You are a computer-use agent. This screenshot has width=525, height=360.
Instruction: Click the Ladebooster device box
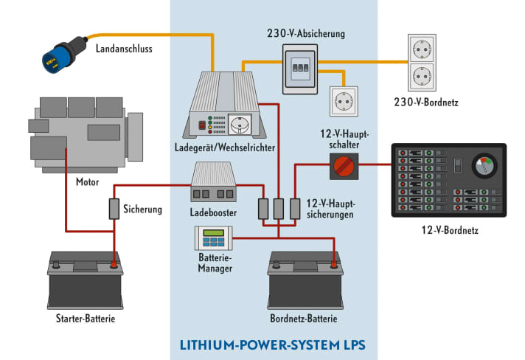[213, 183]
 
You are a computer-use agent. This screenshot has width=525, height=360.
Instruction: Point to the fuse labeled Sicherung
[114, 209]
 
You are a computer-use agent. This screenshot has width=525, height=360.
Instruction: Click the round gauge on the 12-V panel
[484, 166]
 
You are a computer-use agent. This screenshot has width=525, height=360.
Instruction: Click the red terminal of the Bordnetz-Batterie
[333, 262]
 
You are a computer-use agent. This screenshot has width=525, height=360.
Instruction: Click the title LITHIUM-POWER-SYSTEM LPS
[274, 345]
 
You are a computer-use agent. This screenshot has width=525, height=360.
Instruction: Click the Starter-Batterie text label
[86, 319]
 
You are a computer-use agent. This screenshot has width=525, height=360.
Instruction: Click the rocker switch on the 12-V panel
[457, 165]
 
